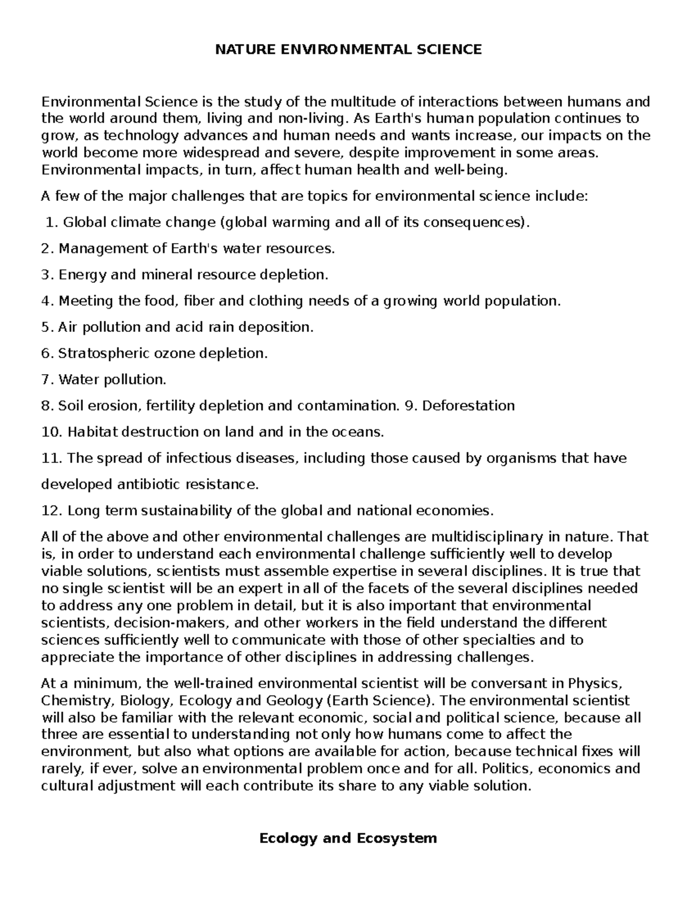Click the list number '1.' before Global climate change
(x=52, y=222)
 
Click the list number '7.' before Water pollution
(x=48, y=380)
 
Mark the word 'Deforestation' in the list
(x=468, y=406)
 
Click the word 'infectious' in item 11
(x=199, y=458)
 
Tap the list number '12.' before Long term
(x=52, y=511)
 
